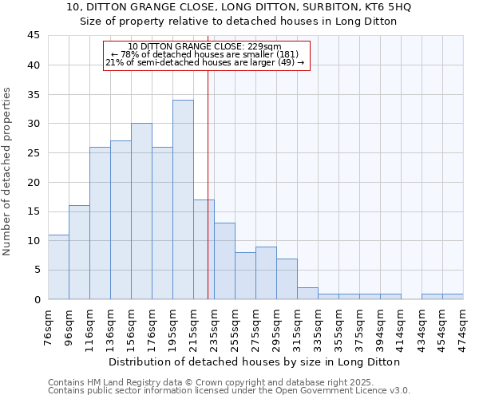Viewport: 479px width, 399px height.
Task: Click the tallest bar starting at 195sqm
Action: (183, 199)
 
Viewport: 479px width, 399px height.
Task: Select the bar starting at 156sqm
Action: (141, 211)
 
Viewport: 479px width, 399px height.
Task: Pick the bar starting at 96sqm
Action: (79, 252)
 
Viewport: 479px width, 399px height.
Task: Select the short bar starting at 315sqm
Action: (307, 293)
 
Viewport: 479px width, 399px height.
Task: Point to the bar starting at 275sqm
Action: (266, 273)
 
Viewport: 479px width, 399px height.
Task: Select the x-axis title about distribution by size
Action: (255, 361)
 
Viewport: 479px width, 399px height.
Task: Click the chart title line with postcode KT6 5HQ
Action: (239, 7)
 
